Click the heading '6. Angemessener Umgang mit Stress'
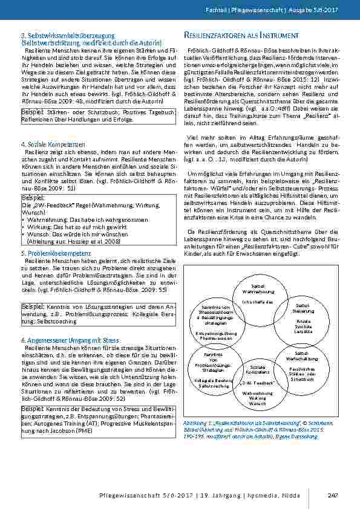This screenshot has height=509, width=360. tap(61, 341)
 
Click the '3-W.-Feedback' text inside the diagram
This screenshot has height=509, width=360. tap(258, 382)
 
